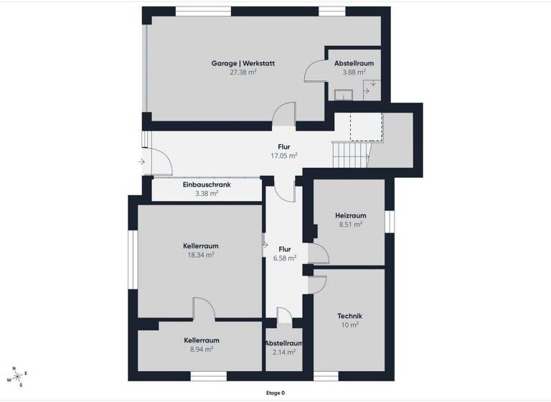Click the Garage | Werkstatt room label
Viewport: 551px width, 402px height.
(242, 63)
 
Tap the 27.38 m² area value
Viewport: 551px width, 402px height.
(242, 73)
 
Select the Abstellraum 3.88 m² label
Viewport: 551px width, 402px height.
(353, 64)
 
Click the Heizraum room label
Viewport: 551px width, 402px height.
(350, 215)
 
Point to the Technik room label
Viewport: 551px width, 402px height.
(349, 316)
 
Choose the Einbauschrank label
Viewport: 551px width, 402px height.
(207, 184)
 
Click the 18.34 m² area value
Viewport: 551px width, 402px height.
(201, 254)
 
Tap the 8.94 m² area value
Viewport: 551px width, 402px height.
(201, 349)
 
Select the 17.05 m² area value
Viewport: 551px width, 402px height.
(284, 155)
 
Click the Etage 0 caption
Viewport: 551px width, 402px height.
(275, 393)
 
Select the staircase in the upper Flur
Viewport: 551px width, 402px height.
(350, 153)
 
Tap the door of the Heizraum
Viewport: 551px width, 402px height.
(316, 253)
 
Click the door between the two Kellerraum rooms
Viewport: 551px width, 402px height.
(204, 309)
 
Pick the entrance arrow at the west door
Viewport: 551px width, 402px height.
(141, 162)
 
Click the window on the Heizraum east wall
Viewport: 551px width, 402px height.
(389, 221)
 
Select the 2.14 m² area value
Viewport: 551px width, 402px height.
(283, 352)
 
